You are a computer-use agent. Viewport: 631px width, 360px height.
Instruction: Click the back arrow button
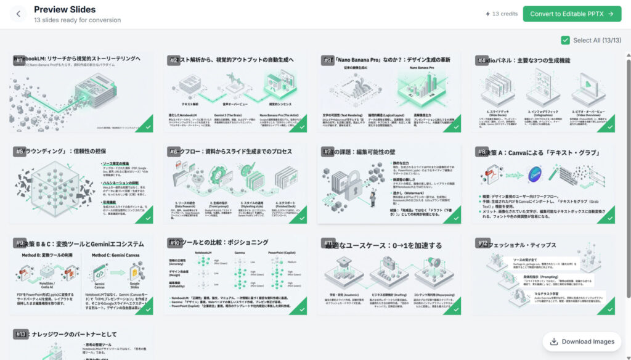coord(18,14)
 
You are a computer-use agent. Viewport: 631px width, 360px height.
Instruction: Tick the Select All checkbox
coord(565,40)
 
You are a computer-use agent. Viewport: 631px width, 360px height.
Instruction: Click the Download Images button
coord(582,342)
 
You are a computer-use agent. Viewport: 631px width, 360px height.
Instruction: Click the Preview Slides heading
coord(65,9)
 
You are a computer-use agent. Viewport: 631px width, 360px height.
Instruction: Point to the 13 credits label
coord(502,14)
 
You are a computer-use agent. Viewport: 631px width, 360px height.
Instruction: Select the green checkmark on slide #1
coord(146,126)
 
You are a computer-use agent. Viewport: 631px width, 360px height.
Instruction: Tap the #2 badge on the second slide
coord(173,60)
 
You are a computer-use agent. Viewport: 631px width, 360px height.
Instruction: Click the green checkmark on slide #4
coord(608,126)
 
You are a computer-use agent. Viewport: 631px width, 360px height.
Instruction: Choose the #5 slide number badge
coord(19,152)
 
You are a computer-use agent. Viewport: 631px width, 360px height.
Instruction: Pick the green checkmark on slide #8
coord(608,216)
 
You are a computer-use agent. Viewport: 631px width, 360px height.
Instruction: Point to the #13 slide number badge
coord(21,334)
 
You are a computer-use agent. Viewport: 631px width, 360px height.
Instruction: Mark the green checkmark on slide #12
coord(608,308)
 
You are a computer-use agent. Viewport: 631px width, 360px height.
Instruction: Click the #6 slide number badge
coord(173,152)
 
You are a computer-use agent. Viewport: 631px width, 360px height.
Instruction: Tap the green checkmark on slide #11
coord(454,308)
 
